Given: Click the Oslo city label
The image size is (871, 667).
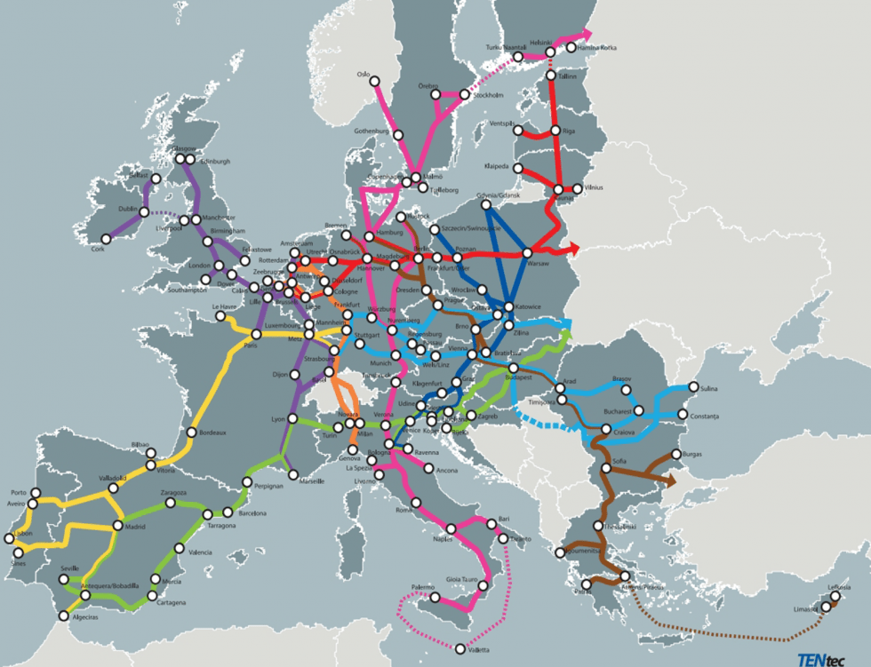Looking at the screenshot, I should (x=362, y=75).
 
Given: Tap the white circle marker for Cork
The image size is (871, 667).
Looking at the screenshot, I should (x=106, y=238).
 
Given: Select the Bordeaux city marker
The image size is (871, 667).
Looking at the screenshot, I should (x=191, y=433).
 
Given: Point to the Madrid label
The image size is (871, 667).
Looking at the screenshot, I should (x=135, y=527).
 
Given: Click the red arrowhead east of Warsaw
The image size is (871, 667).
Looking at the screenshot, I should (x=576, y=249).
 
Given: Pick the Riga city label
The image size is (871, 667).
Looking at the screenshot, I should (x=570, y=131).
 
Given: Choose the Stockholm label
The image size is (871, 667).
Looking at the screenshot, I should (x=489, y=95).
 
